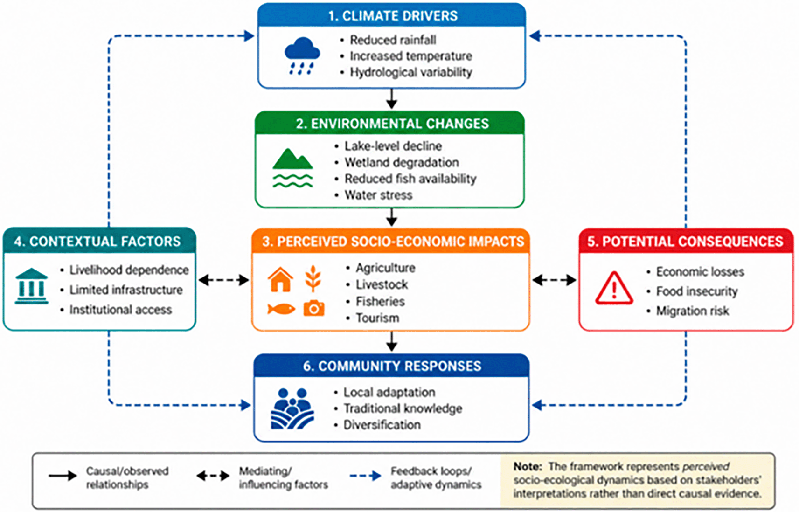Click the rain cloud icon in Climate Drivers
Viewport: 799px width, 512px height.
coord(302,55)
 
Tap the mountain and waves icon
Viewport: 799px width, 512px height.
coord(292,167)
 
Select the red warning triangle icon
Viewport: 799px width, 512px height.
coord(614,288)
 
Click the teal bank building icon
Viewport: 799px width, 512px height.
coord(31,286)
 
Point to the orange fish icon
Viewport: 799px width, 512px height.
coord(281,309)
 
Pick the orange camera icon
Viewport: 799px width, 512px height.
coord(314,308)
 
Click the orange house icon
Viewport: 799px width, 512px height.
coord(280,279)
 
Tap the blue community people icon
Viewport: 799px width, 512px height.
coord(292,408)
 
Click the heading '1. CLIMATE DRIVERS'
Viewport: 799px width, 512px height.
coord(393,16)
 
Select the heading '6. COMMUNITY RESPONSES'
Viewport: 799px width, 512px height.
coord(392,366)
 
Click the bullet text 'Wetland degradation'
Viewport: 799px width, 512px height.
coord(402,163)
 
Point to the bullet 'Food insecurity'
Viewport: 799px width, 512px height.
coord(697,291)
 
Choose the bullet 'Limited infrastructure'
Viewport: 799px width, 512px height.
coord(126,290)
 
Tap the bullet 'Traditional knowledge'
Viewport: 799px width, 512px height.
coord(403,408)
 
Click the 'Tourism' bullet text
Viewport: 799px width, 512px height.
coord(377,318)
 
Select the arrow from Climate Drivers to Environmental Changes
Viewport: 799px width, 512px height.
coord(392,98)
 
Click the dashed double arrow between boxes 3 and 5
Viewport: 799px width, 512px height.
coord(554,280)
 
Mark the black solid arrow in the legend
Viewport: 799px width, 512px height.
coord(63,476)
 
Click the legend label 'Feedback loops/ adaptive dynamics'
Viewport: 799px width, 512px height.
coord(436,478)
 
